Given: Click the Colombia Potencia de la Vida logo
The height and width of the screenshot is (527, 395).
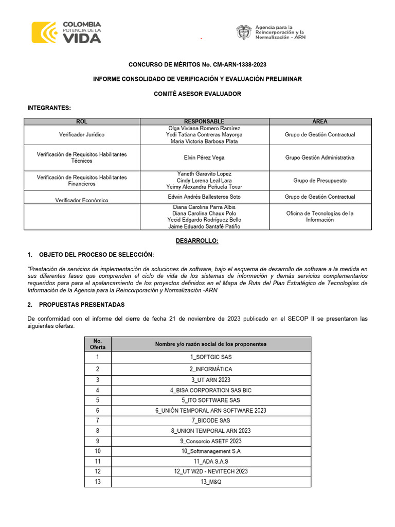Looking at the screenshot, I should pos(66,32).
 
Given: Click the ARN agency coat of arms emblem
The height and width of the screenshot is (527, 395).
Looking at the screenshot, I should pos(243,32).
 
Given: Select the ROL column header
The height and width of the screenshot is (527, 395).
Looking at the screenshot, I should pos(82,121).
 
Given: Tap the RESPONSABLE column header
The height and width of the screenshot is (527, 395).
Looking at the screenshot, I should pos(204,121).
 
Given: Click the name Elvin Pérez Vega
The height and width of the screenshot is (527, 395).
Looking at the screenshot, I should pos(204,157).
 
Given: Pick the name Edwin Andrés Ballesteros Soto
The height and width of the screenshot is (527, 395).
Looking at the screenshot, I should pos(204,197).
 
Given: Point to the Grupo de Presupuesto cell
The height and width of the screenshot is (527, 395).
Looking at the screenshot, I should pos(320,181).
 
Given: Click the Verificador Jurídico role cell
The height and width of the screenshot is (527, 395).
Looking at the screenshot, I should pos(82,134).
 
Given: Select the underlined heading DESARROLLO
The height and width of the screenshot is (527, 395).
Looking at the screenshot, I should pos(197,241).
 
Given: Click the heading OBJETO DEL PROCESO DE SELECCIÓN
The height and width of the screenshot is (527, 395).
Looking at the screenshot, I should pos(96,255).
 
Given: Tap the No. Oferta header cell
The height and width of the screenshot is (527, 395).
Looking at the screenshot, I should pos(98,344).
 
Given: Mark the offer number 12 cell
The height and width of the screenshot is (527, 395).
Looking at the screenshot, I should pos(98,471).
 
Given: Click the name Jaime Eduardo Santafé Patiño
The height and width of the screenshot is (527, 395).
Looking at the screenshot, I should pos(204,226).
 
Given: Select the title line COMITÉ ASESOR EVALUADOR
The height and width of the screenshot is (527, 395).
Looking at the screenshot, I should pos(197,94).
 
